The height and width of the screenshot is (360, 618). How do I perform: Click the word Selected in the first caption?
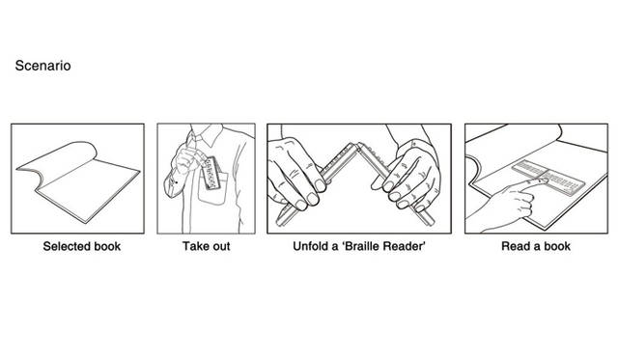pos(68,246)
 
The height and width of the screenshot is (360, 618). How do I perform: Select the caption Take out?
pos(206,246)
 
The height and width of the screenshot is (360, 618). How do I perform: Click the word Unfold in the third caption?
pos(314,246)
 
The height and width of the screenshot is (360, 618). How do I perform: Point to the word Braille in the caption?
pos(361,246)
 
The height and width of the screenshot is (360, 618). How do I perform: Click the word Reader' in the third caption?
pos(406,246)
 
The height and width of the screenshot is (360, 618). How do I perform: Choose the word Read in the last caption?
pos(516,246)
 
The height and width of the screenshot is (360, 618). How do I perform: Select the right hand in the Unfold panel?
pos(415,174)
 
